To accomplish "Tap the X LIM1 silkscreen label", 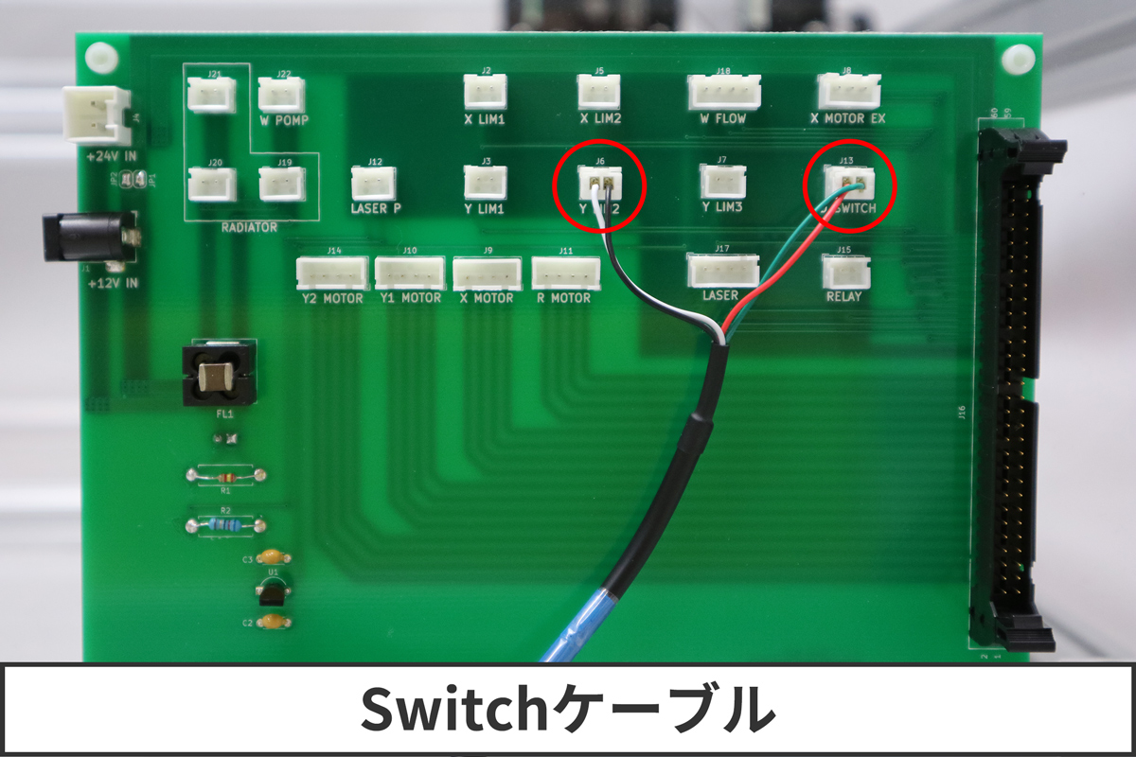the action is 486,120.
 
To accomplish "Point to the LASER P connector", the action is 373,183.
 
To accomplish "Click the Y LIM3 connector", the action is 722,182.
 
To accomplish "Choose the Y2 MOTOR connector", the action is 332,273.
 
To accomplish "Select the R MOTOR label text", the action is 563,298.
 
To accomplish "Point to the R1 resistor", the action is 225,476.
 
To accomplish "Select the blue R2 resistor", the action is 225,523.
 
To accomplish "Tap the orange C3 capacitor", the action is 273,558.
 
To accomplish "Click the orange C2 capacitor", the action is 273,623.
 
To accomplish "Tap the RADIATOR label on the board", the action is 248,227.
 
